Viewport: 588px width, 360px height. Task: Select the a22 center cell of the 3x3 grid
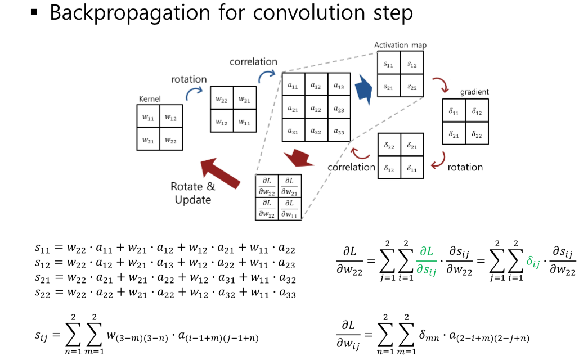(315, 108)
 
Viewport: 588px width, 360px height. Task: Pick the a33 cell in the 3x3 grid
(338, 131)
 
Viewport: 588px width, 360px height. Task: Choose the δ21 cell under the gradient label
(454, 134)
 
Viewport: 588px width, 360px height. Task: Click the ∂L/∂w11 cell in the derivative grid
(290, 208)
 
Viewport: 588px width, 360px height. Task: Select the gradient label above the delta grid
(474, 92)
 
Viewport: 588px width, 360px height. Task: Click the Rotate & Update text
(193, 193)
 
